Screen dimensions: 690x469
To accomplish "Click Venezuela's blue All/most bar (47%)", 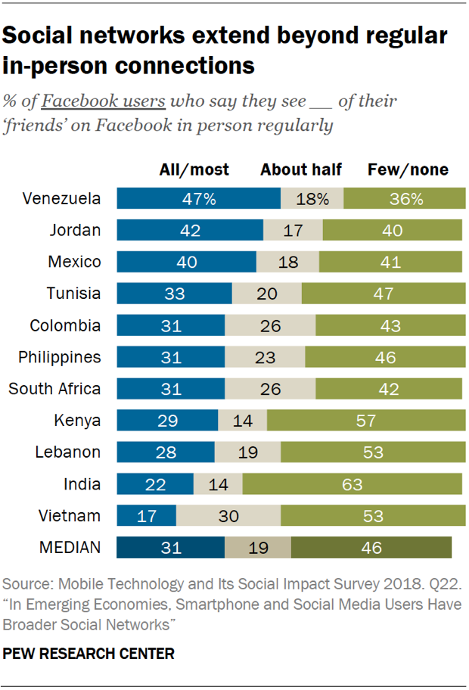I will click(x=198, y=199).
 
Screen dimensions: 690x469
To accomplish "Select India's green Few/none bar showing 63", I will click(x=352, y=484).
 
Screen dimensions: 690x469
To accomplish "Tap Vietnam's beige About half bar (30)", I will click(x=228, y=516).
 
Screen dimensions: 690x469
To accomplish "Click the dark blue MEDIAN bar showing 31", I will click(x=171, y=548).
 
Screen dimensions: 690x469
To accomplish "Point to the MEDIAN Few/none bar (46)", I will click(x=371, y=548).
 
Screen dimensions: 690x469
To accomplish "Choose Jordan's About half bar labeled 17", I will click(x=293, y=230).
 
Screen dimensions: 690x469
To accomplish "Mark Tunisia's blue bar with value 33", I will click(x=174, y=294).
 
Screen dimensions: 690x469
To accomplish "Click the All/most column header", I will click(x=194, y=169).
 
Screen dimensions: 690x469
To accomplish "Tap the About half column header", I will click(x=301, y=169).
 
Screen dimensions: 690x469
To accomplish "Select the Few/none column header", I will click(x=408, y=169).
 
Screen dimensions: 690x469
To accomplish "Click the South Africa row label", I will click(x=54, y=389).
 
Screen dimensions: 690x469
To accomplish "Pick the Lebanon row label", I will click(x=68, y=452).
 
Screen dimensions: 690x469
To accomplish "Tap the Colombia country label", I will click(x=65, y=325).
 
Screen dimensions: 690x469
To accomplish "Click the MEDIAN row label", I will click(x=70, y=548).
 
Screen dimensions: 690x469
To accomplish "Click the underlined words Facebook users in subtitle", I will click(x=105, y=101).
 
